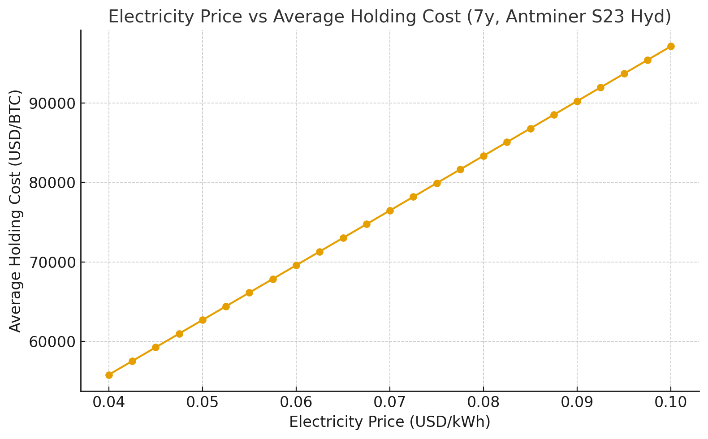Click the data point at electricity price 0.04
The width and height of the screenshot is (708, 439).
(x=109, y=375)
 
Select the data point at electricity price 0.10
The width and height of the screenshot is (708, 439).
(x=671, y=46)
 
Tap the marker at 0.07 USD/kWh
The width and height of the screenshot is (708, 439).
(x=390, y=211)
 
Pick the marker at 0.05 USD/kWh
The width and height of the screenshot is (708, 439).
(x=203, y=320)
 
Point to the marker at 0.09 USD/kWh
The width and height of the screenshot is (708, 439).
(x=577, y=101)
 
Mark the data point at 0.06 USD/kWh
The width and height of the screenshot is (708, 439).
(x=296, y=265)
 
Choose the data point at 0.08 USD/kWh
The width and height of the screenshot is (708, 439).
(x=484, y=156)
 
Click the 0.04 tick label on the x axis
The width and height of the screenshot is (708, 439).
(x=109, y=402)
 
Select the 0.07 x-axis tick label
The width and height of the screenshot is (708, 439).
(x=390, y=402)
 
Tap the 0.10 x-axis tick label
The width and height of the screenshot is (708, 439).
(x=671, y=402)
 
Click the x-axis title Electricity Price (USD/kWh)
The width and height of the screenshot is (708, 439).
(x=390, y=422)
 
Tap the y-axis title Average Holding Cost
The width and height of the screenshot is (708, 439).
(x=16, y=211)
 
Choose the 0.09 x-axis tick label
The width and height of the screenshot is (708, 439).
(x=577, y=402)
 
